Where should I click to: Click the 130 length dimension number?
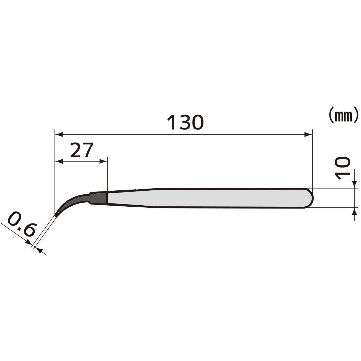pos(185,123)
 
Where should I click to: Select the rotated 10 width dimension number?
pos(343,168)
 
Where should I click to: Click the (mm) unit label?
pos(343,115)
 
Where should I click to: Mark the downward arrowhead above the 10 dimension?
pos(354,185)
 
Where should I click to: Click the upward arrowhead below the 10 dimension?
pos(354,211)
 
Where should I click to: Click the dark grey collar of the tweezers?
pos(99,198)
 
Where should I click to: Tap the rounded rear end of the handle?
pos(310,198)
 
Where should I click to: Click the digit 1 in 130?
pos(172,123)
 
